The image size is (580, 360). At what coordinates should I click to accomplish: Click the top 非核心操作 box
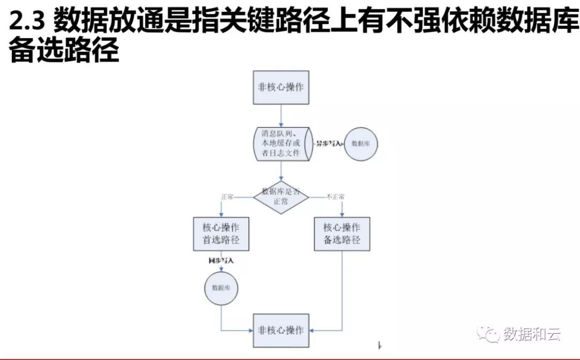281,87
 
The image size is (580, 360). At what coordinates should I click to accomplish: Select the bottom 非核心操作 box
281,330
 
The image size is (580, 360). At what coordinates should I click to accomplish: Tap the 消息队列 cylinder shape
281,143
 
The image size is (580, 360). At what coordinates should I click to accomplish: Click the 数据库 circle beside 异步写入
360,143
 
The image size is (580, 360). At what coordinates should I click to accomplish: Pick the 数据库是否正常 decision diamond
281,197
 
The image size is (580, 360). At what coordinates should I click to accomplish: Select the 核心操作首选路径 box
221,234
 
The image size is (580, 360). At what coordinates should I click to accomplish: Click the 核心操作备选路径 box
342,234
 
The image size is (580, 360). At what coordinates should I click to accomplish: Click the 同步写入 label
221,261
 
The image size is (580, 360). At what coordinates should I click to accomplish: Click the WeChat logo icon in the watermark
489,334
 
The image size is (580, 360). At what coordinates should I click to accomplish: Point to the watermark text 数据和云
532,334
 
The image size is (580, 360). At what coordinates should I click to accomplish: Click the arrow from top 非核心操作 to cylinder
281,116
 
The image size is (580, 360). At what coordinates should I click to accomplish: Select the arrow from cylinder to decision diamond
281,171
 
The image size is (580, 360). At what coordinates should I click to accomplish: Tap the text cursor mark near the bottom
379,345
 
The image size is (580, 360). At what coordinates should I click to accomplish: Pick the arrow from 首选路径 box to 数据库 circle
221,267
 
